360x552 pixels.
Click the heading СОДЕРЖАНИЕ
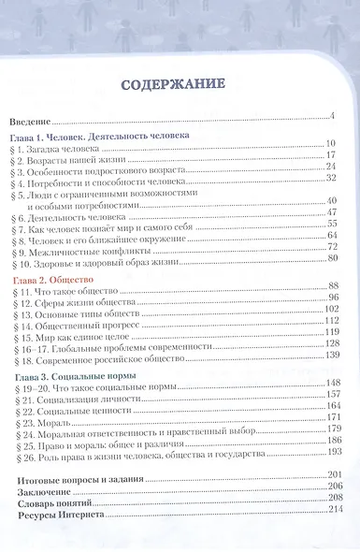tap(177, 85)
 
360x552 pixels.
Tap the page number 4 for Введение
tap(331, 116)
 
